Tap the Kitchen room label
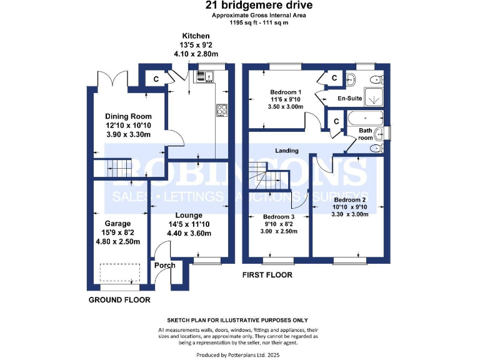tap(196, 36)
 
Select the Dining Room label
tap(128, 116)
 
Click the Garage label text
tap(117, 223)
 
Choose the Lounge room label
tap(189, 215)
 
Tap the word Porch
tap(166, 264)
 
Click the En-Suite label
tap(349, 98)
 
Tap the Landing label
tap(287, 151)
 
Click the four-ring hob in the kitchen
tap(221, 111)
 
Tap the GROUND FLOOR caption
tap(119, 300)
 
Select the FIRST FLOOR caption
tap(267, 275)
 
